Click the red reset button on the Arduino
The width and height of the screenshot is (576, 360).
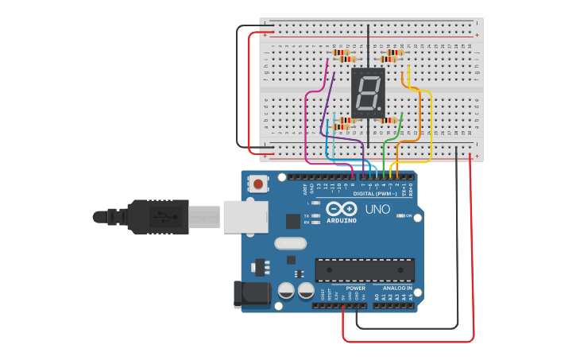coord(258,184)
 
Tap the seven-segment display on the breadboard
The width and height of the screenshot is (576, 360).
coord(368,93)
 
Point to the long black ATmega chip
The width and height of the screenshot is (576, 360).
coord(365,269)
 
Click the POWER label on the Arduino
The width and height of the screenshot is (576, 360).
coord(355,288)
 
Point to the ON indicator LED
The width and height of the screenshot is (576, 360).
coord(402,216)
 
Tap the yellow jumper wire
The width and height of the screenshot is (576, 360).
coord(430,127)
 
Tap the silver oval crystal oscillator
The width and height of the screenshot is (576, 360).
coord(289,243)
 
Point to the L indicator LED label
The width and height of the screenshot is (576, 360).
coord(308,203)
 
